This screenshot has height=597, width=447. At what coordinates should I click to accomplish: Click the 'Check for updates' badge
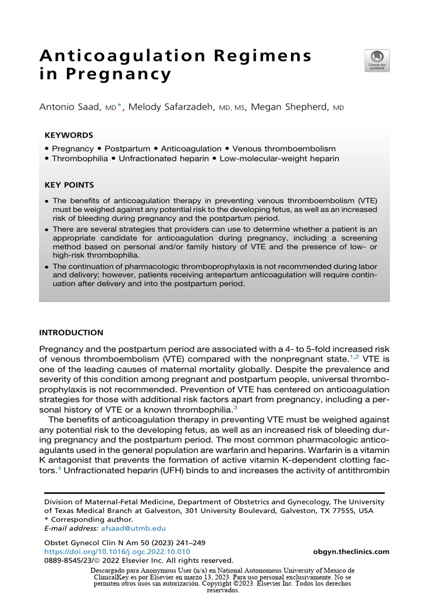[377, 60]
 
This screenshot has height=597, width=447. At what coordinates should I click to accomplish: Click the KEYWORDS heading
[69, 135]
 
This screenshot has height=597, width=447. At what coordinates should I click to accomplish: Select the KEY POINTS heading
[69, 185]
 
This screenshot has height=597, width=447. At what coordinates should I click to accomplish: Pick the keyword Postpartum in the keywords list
[127, 149]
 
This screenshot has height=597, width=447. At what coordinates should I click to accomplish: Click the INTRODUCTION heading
[71, 333]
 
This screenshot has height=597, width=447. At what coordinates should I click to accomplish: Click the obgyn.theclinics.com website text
[350, 552]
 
